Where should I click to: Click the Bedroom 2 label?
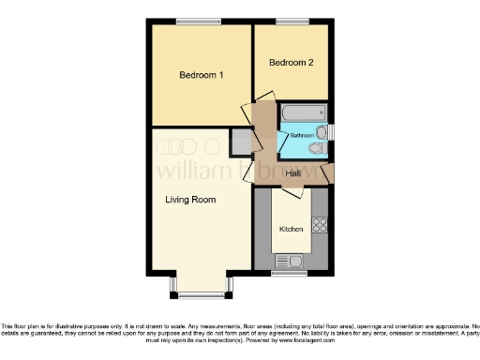pyautogui.click(x=290, y=63)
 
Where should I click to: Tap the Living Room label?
pyautogui.click(x=190, y=200)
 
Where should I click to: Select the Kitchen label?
pyautogui.click(x=291, y=229)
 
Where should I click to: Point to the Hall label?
pyautogui.click(x=293, y=173)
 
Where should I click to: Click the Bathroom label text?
pyautogui.click(x=302, y=136)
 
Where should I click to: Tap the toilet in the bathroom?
pyautogui.click(x=316, y=147)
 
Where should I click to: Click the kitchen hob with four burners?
pyautogui.click(x=319, y=225)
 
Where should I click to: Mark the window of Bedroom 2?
pyautogui.click(x=291, y=22)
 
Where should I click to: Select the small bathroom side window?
pyautogui.click(x=329, y=131)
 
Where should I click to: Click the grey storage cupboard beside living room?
pyautogui.click(x=241, y=141)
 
